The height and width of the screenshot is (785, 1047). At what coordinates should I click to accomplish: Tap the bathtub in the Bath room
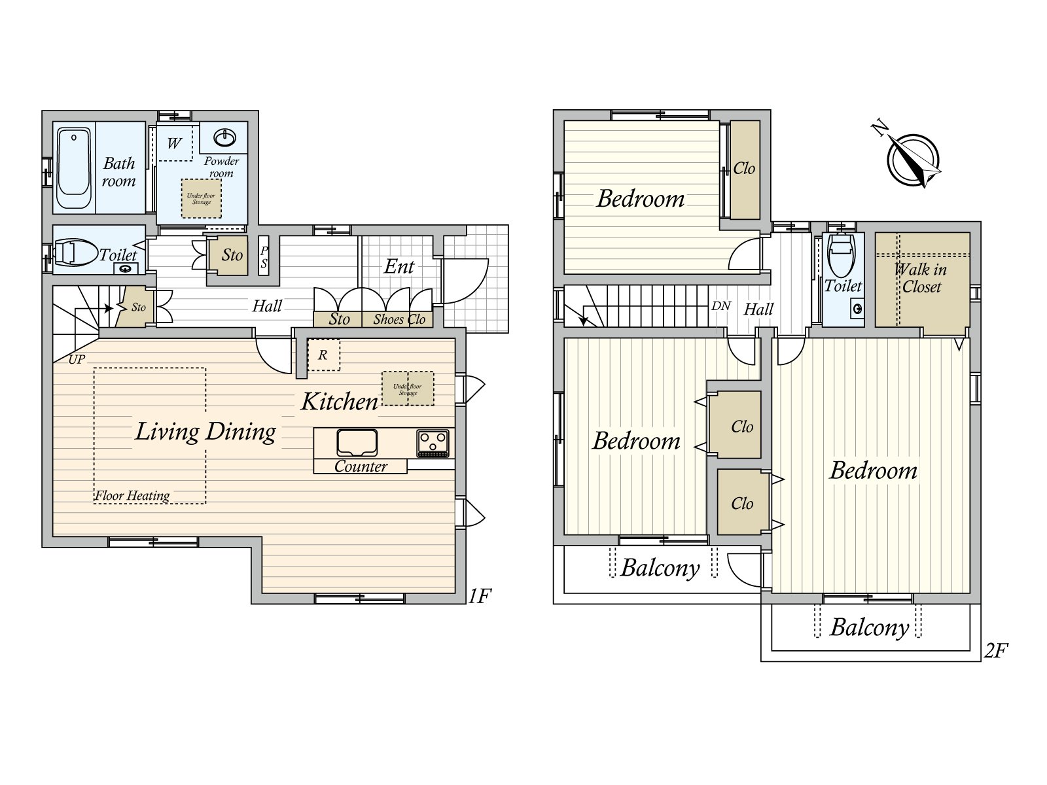coord(73,167)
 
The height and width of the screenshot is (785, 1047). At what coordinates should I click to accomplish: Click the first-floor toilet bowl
coord(75,252)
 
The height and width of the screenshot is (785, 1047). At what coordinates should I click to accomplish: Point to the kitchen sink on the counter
coord(357,443)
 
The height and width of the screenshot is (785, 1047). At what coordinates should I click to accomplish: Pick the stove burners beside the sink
coord(433,443)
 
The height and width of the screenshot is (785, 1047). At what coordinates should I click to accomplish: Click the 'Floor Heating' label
coord(132,496)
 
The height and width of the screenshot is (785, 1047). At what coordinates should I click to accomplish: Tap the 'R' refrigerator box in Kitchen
coord(323,355)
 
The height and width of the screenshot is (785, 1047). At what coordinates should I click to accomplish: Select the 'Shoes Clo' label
coord(399,319)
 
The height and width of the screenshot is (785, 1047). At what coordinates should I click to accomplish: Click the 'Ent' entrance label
coord(399,266)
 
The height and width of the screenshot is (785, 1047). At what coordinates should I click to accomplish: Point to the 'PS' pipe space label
coord(264,257)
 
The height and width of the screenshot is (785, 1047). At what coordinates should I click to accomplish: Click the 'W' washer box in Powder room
coord(173,143)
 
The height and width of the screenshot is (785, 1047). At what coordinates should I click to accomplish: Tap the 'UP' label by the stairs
coord(77,359)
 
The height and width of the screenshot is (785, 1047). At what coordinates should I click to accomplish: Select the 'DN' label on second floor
coord(720,305)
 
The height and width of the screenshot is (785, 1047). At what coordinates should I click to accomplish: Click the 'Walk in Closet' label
coord(921,278)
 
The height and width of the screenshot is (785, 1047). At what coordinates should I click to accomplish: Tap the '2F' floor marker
coord(996,650)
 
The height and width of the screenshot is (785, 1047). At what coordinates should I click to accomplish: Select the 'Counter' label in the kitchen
coord(361,466)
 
